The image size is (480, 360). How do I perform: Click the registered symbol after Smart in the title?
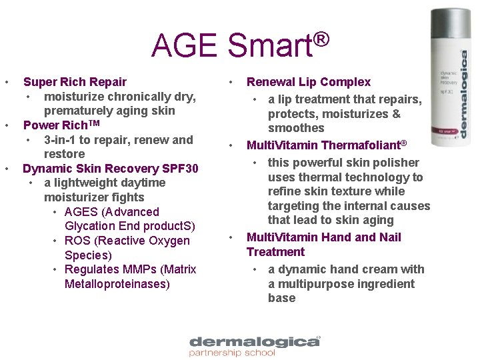320,39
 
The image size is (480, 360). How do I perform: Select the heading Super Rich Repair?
75,82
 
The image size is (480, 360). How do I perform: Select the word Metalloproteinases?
117,284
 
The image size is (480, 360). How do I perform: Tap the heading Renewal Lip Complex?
309,82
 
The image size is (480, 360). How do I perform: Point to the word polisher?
396,163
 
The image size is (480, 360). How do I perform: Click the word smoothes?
297,128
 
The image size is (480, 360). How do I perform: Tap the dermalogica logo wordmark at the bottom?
255,341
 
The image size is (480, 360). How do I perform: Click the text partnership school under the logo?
232,353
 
